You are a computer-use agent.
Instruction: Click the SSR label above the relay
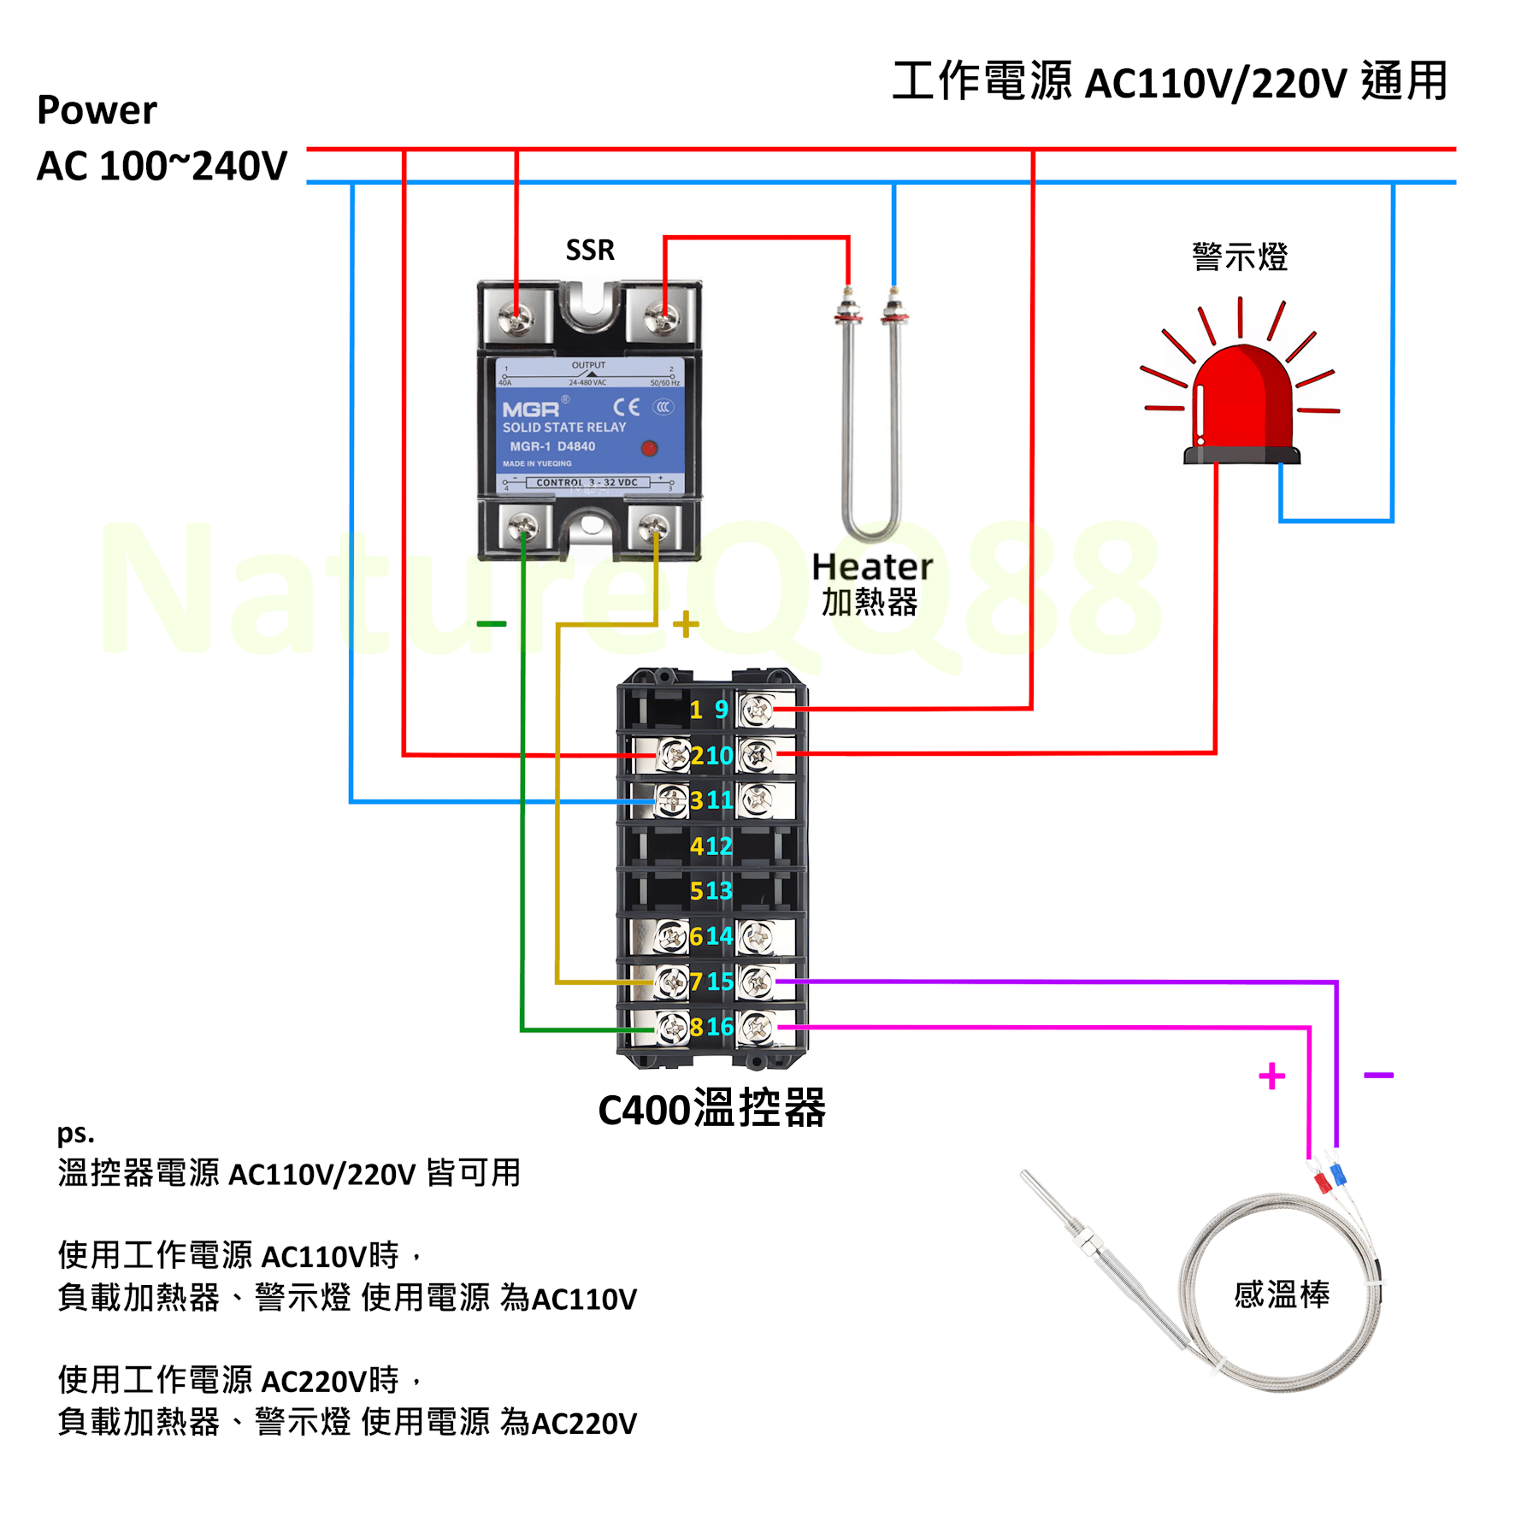pos(590,250)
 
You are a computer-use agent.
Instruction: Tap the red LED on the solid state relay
pos(649,448)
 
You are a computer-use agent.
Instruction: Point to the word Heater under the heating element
pos(871,567)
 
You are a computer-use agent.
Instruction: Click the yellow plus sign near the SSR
pos(686,624)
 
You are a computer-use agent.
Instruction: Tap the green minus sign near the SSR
pos(492,624)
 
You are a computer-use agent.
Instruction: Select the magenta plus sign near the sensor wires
pos(1271,1076)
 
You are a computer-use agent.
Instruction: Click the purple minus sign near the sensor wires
pos(1378,1075)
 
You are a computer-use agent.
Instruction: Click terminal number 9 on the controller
pos(722,710)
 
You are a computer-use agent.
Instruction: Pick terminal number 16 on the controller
pos(720,1026)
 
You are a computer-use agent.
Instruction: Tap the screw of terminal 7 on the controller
pos(671,982)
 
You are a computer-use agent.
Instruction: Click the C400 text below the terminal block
pos(644,1111)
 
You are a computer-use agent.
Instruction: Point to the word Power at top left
pos(97,110)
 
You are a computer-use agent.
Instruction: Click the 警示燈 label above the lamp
pos(1240,256)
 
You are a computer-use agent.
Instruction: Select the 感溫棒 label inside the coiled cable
pos(1282,1294)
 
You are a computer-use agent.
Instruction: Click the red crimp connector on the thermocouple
pos(1322,1182)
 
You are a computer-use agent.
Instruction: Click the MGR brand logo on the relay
pos(530,410)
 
